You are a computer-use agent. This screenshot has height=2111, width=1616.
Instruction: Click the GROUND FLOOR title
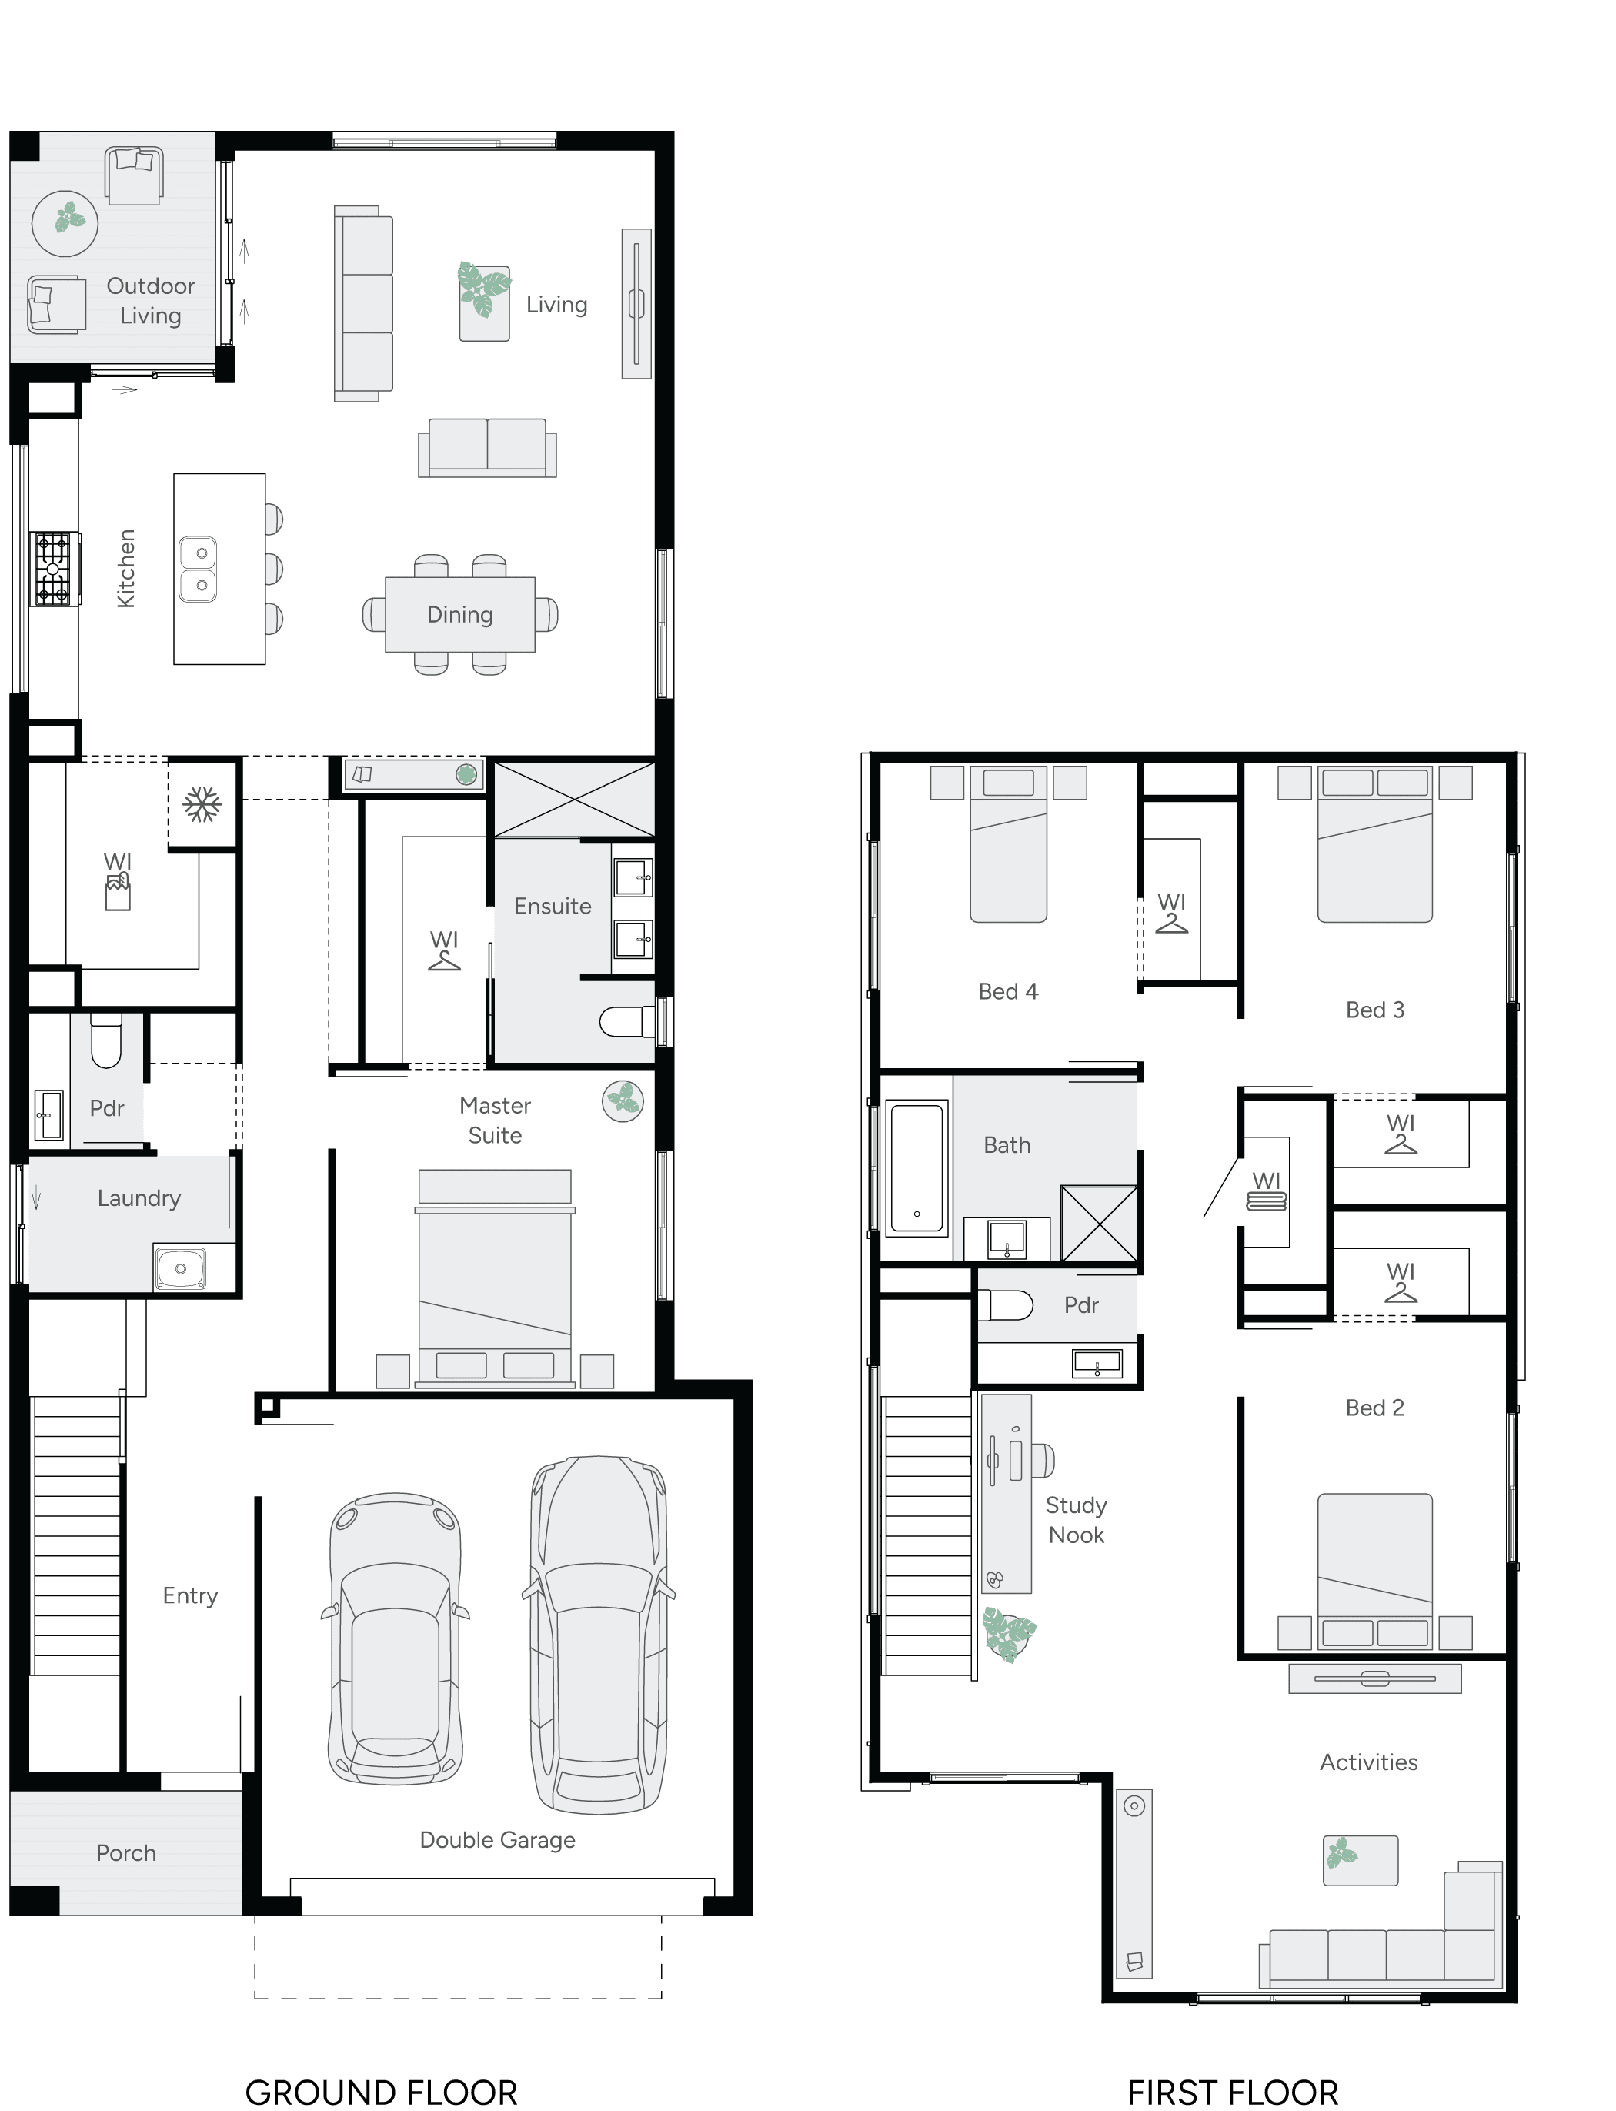381,2092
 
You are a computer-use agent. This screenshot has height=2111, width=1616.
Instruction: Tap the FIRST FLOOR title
1232,2092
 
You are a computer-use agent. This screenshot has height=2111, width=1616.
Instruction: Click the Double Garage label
497,1840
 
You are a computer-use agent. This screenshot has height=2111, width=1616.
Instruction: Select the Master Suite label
494,1121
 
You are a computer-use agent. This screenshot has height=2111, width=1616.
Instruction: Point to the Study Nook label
1077,1519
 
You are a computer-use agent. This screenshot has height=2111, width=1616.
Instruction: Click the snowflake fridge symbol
202,804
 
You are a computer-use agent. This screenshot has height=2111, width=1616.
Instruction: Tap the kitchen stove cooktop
53,569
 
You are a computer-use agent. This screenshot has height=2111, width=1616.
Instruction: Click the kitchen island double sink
199,570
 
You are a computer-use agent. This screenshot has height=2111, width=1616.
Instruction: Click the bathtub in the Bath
917,1168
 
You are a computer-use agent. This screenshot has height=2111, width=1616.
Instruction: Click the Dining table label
460,615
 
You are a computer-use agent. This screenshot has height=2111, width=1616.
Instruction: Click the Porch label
126,1853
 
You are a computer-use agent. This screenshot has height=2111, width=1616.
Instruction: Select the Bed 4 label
1008,991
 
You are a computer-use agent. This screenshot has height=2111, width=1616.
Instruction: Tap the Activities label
1368,1762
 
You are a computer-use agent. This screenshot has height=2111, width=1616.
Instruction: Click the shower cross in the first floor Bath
1100,1224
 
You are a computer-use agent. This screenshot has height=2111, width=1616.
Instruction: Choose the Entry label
191,1595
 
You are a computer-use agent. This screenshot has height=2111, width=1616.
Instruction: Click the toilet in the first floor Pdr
1003,1305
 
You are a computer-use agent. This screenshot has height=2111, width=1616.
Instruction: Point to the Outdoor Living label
150,301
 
